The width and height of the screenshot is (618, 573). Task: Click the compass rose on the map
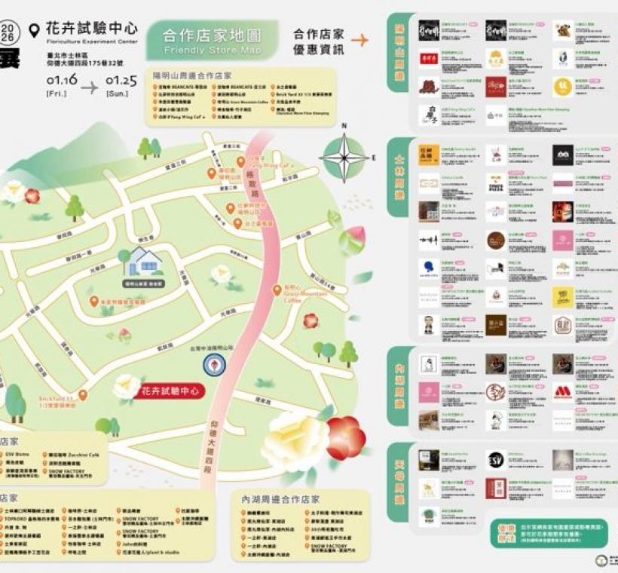(344, 157)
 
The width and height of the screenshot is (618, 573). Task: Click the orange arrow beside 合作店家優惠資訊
(359, 40)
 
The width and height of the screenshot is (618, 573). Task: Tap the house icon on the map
(143, 262)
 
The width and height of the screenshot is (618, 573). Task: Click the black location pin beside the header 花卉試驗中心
(34, 30)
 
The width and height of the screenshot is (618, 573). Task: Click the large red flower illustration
(345, 437)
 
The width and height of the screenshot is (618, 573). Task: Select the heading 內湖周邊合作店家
(280, 499)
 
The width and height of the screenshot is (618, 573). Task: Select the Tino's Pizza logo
(495, 183)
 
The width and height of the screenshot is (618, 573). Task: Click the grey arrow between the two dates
(90, 87)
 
